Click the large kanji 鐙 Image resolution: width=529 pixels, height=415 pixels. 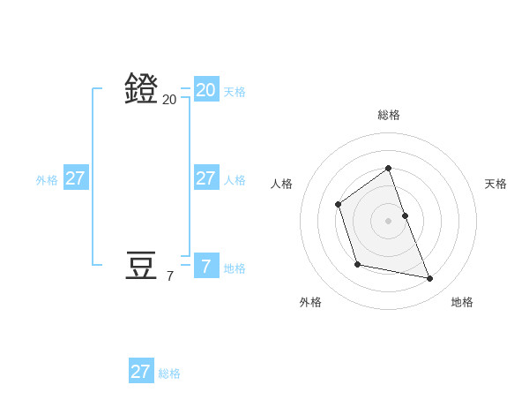[x=141, y=88]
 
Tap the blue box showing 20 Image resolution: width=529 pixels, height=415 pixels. [x=205, y=89]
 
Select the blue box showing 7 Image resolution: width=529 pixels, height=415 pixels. [x=205, y=266]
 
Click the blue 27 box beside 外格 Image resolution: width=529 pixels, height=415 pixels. [x=75, y=177]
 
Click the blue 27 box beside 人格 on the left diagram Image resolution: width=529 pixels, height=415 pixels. [x=205, y=177]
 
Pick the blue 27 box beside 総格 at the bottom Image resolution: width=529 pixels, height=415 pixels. [x=140, y=371]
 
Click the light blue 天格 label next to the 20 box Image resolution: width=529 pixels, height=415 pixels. [x=235, y=92]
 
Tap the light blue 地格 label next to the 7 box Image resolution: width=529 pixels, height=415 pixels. [x=235, y=268]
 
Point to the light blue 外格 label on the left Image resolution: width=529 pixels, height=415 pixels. [x=47, y=180]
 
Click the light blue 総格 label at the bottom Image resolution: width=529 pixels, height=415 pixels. [x=169, y=373]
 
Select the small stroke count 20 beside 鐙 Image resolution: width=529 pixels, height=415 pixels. [x=169, y=100]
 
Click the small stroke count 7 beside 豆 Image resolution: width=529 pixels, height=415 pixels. [x=169, y=276]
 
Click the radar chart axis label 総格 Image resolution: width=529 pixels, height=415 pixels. [x=388, y=115]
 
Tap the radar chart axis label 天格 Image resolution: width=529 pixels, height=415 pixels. [x=495, y=184]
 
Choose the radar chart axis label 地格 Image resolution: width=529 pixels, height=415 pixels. [x=462, y=302]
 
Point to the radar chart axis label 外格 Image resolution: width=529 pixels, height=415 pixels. [x=310, y=302]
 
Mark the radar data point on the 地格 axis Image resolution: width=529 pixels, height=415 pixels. [x=430, y=279]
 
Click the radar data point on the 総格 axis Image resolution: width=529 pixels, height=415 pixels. [x=388, y=168]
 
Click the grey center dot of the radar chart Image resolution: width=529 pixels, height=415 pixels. [x=388, y=220]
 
